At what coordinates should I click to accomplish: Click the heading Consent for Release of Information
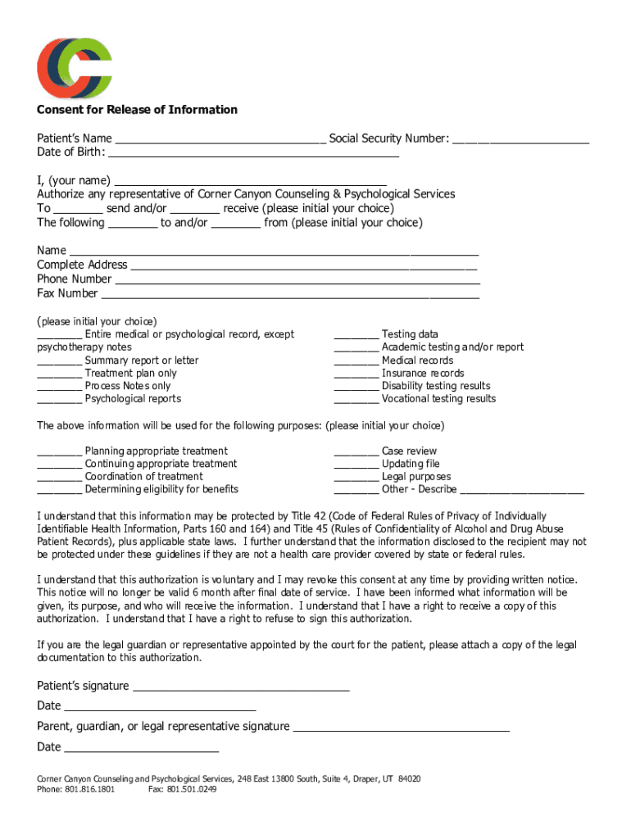point(137,110)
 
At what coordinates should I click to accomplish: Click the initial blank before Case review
point(356,452)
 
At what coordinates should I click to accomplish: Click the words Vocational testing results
point(438,399)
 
